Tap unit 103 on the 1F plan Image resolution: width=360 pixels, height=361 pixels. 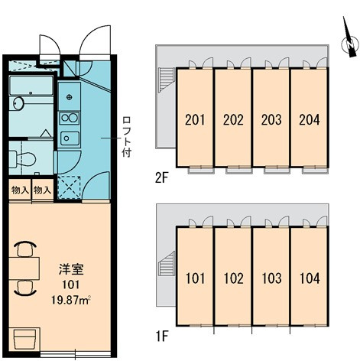(271, 276)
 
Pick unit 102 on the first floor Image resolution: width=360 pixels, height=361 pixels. (233, 276)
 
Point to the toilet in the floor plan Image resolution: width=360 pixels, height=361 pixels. (22, 159)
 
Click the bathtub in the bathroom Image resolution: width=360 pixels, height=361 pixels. (31, 86)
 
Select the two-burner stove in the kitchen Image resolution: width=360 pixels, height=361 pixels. (70, 118)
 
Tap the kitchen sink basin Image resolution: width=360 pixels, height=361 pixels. (70, 138)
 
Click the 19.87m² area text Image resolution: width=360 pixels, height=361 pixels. (71, 301)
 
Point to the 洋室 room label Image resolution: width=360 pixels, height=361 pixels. (71, 269)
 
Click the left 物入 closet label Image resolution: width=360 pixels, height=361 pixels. (20, 190)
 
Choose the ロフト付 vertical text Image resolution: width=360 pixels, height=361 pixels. (126, 136)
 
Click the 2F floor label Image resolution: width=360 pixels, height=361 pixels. (162, 178)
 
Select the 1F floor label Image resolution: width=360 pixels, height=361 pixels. (162, 337)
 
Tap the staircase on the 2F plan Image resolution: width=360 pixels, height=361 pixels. (167, 80)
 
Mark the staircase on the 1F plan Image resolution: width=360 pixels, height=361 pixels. (167, 264)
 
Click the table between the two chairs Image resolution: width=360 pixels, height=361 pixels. (24, 268)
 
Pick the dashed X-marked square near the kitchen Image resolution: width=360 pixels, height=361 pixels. (69, 187)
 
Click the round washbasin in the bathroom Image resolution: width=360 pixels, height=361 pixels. (18, 103)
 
